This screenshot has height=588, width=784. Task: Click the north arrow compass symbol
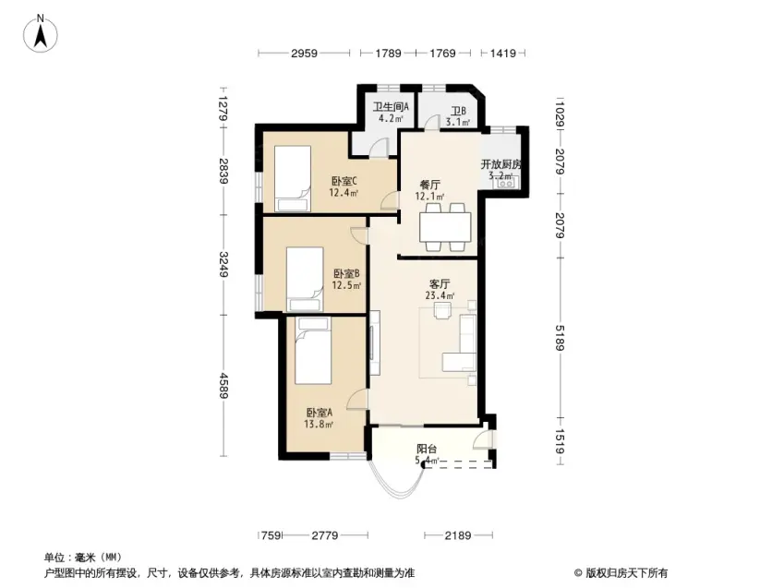(41, 33)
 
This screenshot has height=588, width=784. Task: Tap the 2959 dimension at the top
(304, 53)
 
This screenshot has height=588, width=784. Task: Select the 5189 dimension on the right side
(560, 338)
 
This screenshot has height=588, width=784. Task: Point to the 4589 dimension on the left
(223, 386)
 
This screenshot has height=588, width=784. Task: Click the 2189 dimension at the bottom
(458, 536)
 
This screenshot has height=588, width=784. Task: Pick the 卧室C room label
(344, 181)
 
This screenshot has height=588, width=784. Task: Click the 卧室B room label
(346, 274)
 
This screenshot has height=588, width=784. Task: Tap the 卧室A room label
(319, 413)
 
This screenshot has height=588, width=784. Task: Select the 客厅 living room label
(440, 284)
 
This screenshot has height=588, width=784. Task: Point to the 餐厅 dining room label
(430, 185)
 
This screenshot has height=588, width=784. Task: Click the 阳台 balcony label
(427, 449)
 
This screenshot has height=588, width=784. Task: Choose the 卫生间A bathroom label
(391, 106)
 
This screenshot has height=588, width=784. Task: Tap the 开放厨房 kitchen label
(501, 164)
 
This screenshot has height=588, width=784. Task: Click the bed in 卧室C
(293, 178)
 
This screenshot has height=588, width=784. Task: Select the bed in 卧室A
(313, 350)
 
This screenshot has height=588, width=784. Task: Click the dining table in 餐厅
(445, 227)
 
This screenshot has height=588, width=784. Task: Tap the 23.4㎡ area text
(440, 295)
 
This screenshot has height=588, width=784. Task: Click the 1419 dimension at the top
(502, 53)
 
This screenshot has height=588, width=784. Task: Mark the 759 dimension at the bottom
(271, 536)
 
